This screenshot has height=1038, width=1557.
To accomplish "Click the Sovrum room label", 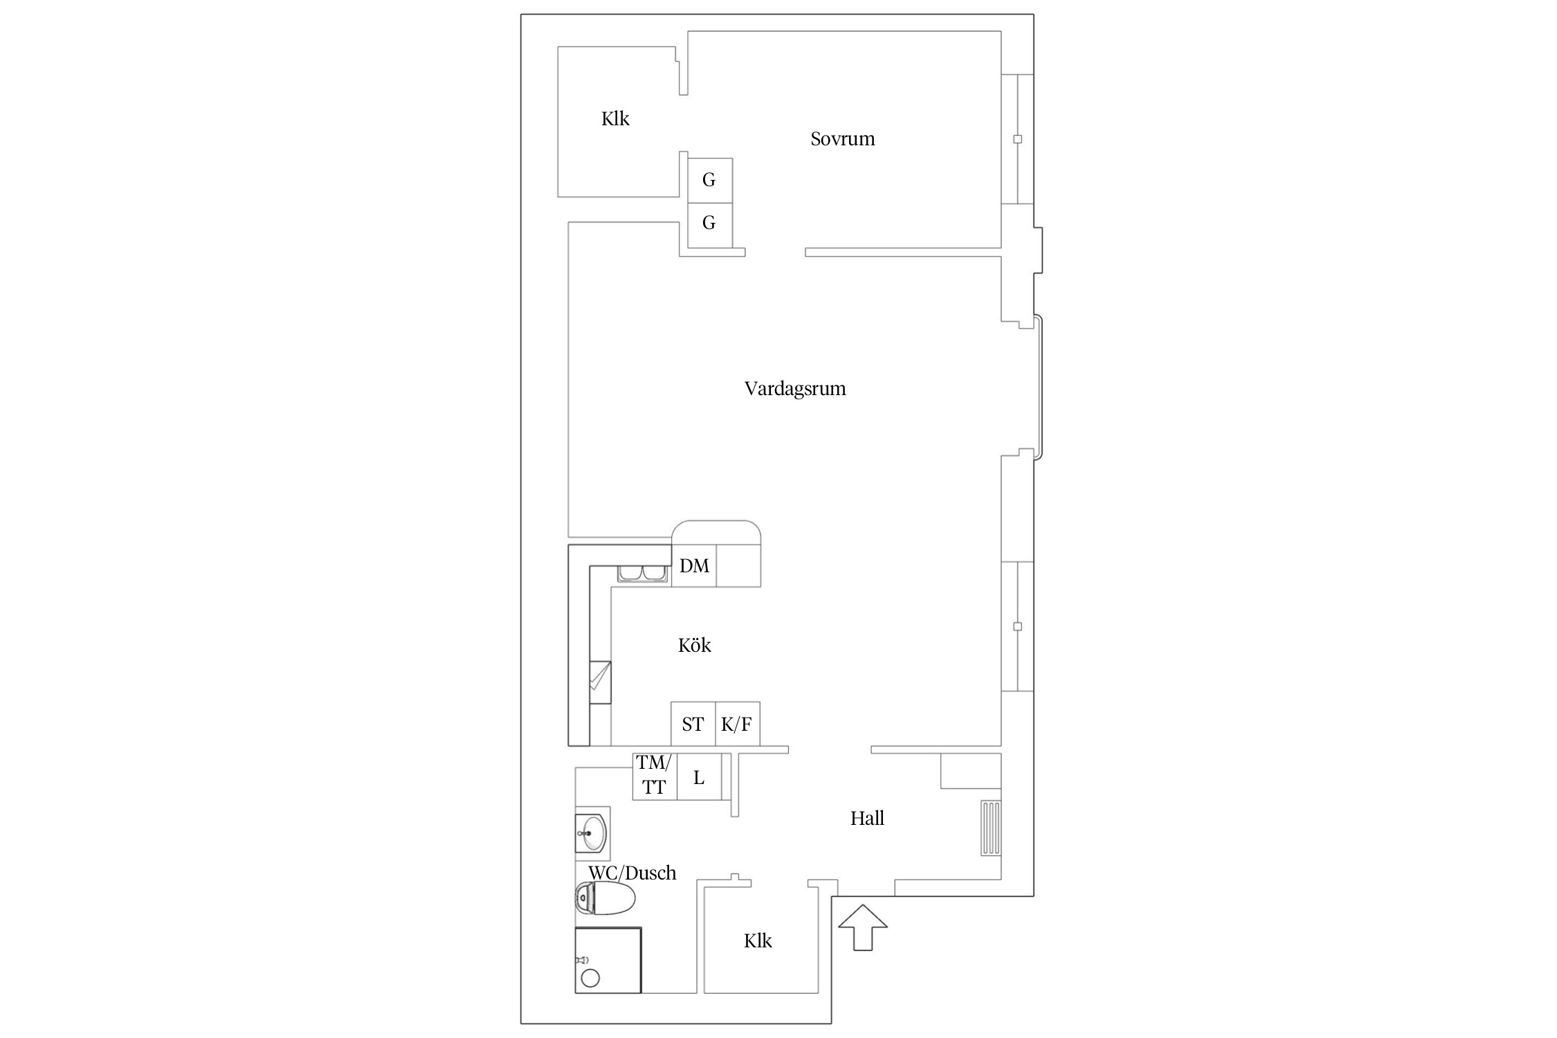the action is pyautogui.click(x=842, y=139).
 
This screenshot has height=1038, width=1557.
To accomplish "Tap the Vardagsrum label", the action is pyautogui.click(x=795, y=389).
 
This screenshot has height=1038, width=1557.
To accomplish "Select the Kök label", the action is pyautogui.click(x=694, y=645).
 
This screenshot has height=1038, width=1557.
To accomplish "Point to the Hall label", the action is pyautogui.click(x=867, y=819).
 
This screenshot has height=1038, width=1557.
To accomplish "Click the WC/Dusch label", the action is pyautogui.click(x=632, y=873).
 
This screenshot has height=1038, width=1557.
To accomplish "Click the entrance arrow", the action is pyautogui.click(x=862, y=937).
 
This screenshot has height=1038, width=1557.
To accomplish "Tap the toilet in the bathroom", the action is pyautogui.click(x=605, y=898).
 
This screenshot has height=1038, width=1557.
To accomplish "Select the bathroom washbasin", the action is pyautogui.click(x=592, y=832).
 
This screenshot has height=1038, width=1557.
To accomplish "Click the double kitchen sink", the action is pyautogui.click(x=642, y=574).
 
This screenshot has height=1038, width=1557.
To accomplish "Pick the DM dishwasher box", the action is pyautogui.click(x=693, y=566).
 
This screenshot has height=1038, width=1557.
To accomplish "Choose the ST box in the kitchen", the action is pyautogui.click(x=693, y=724).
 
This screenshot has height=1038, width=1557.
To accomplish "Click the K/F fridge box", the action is pyautogui.click(x=738, y=724).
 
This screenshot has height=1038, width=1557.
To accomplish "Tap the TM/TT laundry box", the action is pyautogui.click(x=655, y=776).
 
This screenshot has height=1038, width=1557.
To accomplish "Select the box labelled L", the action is pyautogui.click(x=699, y=776).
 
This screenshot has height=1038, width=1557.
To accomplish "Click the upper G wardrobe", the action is pyautogui.click(x=710, y=180).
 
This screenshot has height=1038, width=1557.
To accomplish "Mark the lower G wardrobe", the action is pyautogui.click(x=710, y=225).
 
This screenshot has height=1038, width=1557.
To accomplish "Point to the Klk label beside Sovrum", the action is pyautogui.click(x=615, y=119).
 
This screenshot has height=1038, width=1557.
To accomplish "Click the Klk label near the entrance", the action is pyautogui.click(x=758, y=941).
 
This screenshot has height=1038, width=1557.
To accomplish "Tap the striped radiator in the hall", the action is pyautogui.click(x=991, y=828).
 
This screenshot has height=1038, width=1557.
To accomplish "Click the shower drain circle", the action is pyautogui.click(x=590, y=978).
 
